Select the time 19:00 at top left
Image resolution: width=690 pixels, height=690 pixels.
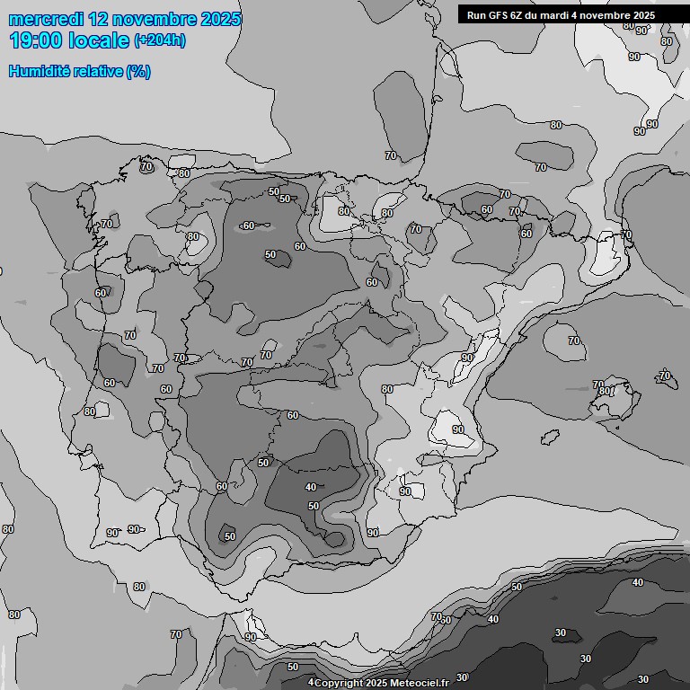36,40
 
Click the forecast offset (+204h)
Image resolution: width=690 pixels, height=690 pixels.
159,40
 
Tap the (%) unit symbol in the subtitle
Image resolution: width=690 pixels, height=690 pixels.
138,71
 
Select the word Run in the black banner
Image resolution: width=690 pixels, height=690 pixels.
475,15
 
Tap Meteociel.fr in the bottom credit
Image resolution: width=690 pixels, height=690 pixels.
419,683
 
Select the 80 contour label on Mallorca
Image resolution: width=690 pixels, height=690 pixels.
605,392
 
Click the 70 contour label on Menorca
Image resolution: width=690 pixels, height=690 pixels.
665,375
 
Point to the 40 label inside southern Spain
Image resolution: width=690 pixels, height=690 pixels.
311,487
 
